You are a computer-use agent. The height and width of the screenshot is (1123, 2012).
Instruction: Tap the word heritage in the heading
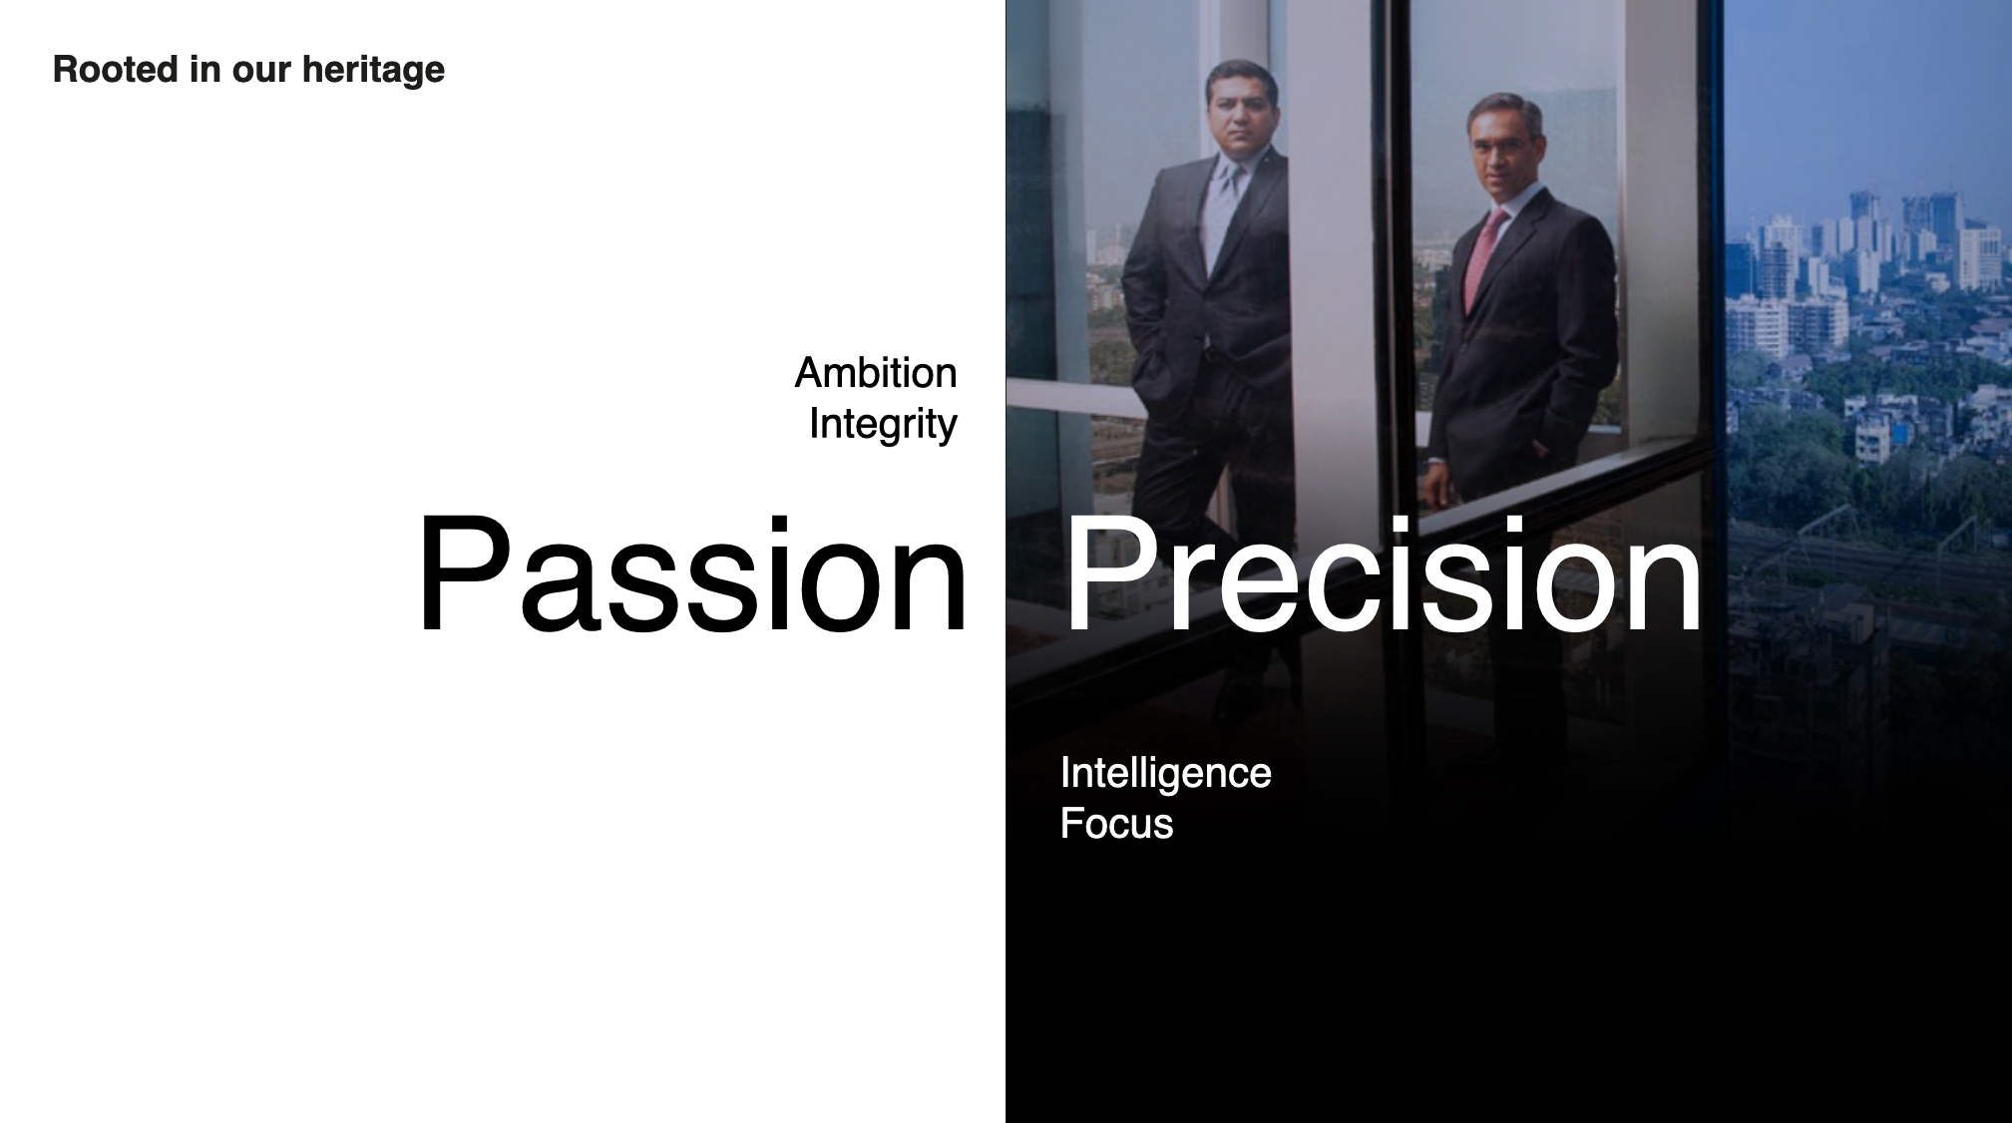(x=373, y=71)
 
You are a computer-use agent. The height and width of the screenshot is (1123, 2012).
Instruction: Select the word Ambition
(x=876, y=373)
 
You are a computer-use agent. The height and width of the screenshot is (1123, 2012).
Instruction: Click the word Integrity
(x=883, y=425)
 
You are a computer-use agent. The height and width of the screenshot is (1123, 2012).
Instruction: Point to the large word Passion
(x=692, y=573)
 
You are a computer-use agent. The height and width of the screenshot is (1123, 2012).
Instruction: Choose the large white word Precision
(x=1384, y=573)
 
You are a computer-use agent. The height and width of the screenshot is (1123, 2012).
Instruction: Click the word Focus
(x=1116, y=824)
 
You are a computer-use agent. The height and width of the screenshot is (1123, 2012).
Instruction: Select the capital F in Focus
(x=1073, y=824)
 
